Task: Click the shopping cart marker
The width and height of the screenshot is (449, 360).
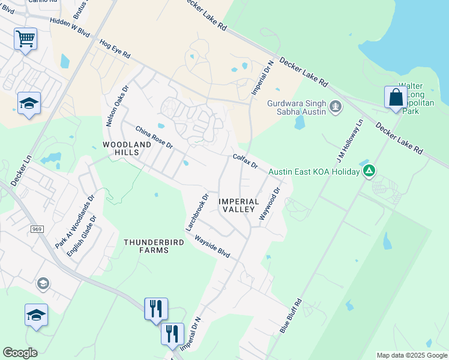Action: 25,40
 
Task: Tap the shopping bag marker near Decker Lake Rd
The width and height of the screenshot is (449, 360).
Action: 396,98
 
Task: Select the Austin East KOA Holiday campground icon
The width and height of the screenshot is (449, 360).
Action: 369,172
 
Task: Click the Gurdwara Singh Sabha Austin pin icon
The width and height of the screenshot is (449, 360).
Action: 336,107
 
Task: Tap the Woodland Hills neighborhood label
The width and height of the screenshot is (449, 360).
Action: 127,148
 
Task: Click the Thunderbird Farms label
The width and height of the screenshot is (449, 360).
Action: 146,245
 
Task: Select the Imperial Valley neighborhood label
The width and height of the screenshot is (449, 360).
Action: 238,205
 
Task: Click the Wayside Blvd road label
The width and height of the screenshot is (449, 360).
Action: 212,245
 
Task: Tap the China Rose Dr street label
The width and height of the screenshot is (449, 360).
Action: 154,137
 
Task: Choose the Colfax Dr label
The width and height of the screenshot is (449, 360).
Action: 245,161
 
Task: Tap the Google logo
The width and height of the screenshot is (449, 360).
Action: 20,352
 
